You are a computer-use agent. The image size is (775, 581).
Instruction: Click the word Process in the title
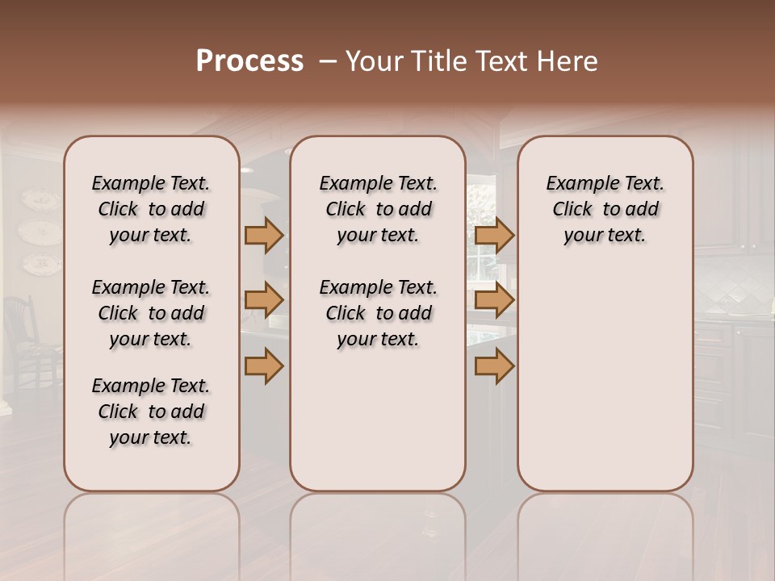[x=249, y=61]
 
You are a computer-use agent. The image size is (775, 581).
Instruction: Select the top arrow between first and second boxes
[x=264, y=235]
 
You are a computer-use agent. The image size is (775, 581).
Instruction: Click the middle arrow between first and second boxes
[x=264, y=301]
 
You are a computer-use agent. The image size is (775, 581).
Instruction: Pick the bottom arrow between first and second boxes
[x=264, y=366]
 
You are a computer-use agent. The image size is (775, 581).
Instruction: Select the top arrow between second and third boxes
[x=494, y=235]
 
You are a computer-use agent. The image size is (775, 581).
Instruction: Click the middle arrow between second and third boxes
[x=494, y=301]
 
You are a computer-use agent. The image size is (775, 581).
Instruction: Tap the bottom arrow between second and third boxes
[x=494, y=366]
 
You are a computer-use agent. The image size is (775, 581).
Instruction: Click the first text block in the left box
[x=151, y=209]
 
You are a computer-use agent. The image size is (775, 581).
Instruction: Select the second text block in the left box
[x=151, y=313]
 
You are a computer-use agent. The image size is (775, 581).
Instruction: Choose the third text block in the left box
[x=151, y=412]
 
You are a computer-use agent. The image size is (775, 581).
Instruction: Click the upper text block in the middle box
[x=378, y=209]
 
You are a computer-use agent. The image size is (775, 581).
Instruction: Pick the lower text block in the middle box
[x=378, y=313]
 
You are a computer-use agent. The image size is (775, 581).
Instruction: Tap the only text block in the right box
[x=605, y=209]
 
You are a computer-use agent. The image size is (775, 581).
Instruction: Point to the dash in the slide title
[x=327, y=61]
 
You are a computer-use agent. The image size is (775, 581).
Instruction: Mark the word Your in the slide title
[x=374, y=61]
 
